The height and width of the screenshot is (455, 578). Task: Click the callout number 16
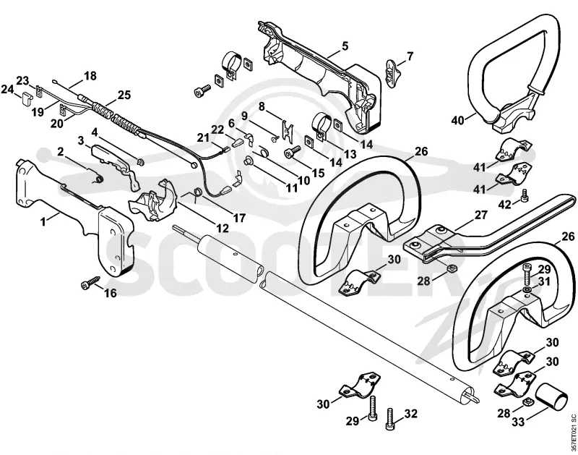tap(111, 293)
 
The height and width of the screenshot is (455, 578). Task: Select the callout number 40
tap(458, 120)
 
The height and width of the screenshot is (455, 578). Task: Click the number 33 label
tap(518, 422)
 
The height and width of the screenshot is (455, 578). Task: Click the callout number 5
tap(345, 46)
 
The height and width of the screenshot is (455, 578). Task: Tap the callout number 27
tap(481, 215)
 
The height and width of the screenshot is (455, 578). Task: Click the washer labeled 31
tap(527, 289)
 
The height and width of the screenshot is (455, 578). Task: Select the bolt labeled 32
tap(390, 419)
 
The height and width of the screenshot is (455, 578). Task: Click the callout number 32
tap(410, 414)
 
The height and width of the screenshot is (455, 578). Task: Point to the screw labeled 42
tap(525, 195)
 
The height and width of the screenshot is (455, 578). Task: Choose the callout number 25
tap(124, 95)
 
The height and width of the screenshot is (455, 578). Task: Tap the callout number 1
tap(43, 221)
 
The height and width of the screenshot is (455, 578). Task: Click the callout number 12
tap(222, 228)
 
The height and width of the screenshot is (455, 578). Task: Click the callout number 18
tap(90, 76)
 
